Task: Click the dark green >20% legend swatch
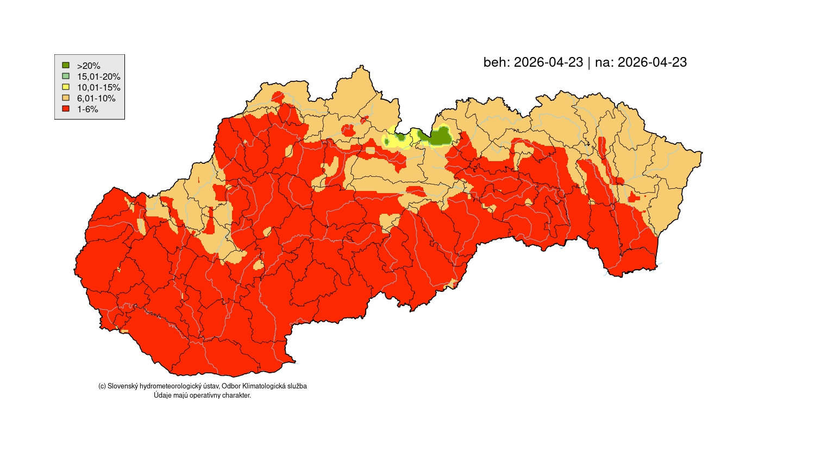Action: tap(66, 65)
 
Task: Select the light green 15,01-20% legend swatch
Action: tap(66, 76)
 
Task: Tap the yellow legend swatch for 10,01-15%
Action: tap(66, 87)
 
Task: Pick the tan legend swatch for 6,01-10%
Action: tap(66, 98)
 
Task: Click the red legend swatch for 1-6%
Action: tap(66, 109)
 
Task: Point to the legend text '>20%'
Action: tap(89, 66)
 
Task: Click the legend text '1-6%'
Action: tap(87, 109)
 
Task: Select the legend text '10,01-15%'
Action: tap(98, 87)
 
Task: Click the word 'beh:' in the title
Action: tap(497, 62)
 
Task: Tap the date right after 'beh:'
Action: tap(548, 62)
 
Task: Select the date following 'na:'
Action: tap(652, 62)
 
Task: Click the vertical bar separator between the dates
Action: tap(589, 62)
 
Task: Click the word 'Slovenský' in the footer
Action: tap(123, 386)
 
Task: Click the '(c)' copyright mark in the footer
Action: tap(102, 386)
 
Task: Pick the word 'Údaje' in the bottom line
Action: tap(162, 395)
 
